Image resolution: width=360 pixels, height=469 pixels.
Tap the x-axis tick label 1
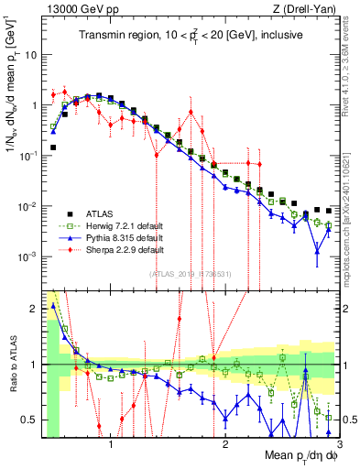coord(111,445)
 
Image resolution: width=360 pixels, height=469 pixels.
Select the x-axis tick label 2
coord(219,445)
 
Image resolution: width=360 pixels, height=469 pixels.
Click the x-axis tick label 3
coord(325,445)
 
